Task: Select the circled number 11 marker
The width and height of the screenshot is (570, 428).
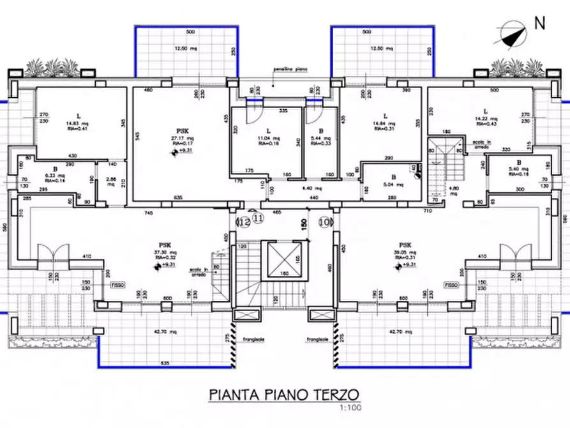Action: tap(258, 218)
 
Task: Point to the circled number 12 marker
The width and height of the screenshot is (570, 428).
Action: tap(244, 222)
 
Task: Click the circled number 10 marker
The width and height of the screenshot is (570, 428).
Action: tap(325, 222)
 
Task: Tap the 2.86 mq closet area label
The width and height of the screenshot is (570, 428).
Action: tap(110, 181)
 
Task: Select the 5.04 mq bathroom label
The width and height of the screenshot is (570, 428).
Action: tap(390, 185)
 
